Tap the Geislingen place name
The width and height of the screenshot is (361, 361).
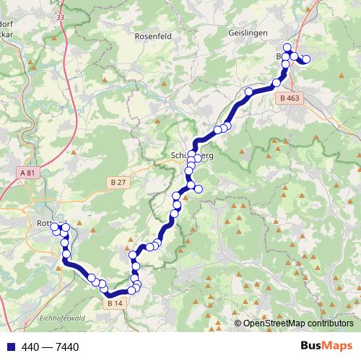[x=248, y=33]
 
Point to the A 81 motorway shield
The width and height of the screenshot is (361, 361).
[x=27, y=173]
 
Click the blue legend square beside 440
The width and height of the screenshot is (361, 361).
[x=9, y=347]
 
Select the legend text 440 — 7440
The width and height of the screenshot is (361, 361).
[x=50, y=347]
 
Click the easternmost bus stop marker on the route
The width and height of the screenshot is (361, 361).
[x=306, y=59]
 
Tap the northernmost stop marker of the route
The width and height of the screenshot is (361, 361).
[x=287, y=48]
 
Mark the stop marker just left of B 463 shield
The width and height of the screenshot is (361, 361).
[x=277, y=83]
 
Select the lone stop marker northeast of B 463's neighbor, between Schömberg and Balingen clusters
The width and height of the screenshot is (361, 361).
[x=249, y=92]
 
